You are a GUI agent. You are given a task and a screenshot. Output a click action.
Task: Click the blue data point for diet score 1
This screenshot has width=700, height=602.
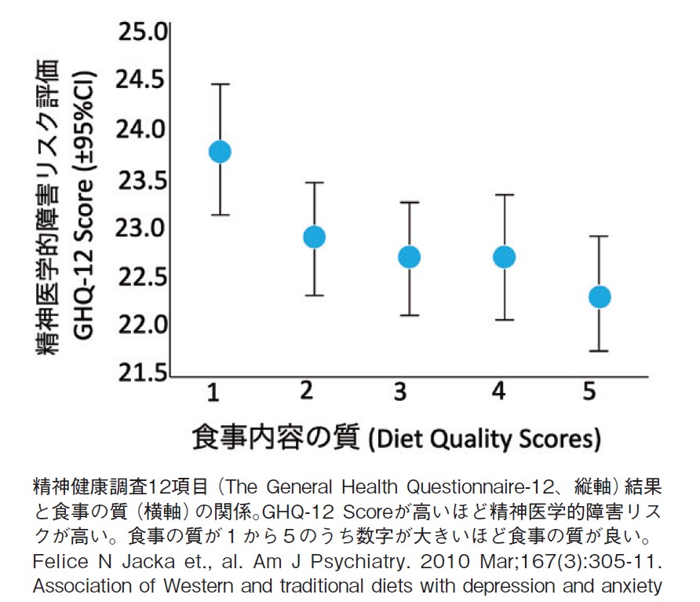(220, 152)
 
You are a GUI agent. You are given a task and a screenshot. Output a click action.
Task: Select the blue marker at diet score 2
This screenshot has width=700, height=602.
(314, 237)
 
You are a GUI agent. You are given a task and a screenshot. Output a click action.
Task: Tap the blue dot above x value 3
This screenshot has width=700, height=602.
(409, 257)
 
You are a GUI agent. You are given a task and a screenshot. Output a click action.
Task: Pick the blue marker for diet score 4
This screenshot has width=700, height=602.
(504, 257)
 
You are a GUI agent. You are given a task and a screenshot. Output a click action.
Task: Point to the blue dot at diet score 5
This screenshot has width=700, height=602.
(600, 297)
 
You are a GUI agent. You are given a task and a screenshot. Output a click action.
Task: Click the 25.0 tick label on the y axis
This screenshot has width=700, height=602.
(143, 33)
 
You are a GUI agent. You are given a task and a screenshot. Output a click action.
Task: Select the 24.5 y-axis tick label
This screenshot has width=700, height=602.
(143, 82)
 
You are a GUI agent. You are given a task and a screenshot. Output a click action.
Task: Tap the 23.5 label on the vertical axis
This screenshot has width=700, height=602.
(143, 180)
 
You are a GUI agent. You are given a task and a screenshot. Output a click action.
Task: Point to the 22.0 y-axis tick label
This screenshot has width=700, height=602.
(143, 325)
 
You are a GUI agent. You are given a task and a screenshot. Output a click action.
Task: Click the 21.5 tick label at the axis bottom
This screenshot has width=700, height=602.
(143, 374)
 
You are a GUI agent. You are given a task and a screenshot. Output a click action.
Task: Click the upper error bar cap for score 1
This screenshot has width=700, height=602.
(220, 84)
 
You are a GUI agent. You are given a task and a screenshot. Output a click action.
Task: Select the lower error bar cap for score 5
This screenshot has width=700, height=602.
(600, 351)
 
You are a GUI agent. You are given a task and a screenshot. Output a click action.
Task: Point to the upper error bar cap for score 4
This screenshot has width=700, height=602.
(504, 194)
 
